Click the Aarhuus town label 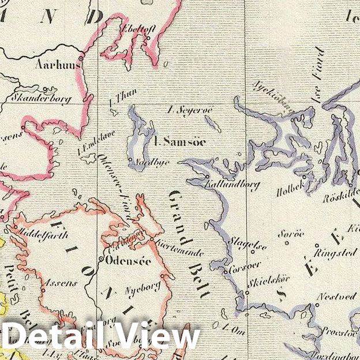(57, 65)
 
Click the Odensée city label (128, 260)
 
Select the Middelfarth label (44, 235)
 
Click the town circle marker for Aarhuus (81, 58)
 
